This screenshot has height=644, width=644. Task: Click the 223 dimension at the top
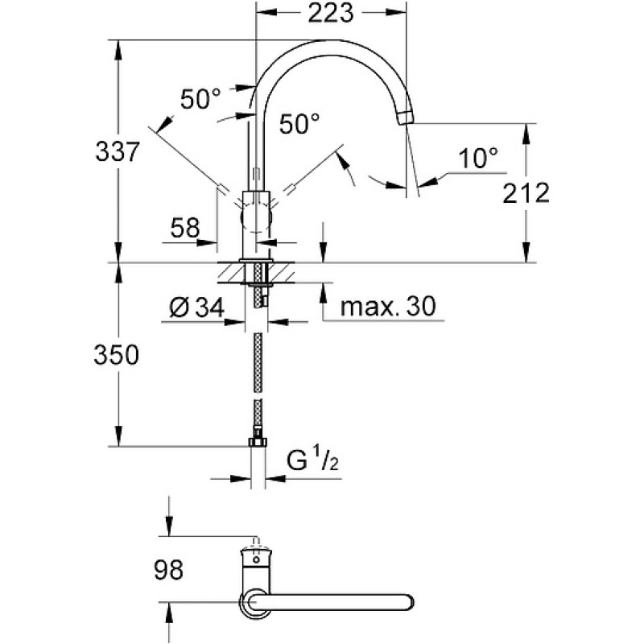[331, 13]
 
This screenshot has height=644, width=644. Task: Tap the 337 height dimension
[118, 151]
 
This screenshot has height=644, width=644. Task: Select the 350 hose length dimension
[116, 355]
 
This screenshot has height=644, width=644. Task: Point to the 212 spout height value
[526, 193]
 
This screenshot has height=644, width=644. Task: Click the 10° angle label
[477, 158]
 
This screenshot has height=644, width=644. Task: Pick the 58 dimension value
[185, 228]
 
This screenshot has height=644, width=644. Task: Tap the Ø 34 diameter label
[196, 308]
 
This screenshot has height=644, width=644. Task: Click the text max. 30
[388, 307]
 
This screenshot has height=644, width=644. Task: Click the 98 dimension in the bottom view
[168, 570]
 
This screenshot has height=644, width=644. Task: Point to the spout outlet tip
[406, 118]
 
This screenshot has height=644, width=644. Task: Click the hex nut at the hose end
[258, 441]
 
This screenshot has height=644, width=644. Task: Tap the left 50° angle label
[200, 99]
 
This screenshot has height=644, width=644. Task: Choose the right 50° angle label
[299, 124]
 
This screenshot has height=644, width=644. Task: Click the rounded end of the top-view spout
[407, 602]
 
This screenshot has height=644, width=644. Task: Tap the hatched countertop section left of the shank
[231, 272]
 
